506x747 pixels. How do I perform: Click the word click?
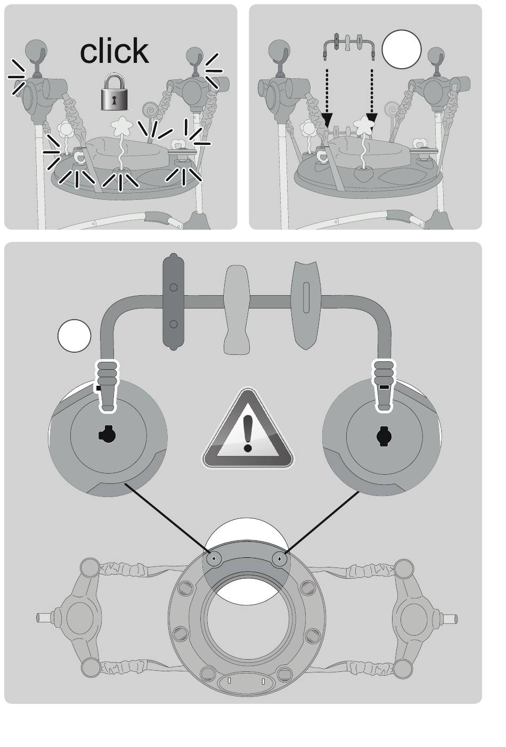[114, 51]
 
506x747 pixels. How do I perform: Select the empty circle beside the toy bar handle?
[74, 336]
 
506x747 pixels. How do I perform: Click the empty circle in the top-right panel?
[402, 50]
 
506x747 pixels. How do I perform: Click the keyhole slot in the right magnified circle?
[385, 436]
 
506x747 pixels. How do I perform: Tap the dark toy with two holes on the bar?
[173, 302]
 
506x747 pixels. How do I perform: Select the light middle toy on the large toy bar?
[236, 309]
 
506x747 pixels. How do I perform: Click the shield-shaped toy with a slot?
[305, 304]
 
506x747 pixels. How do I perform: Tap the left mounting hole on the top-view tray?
[214, 558]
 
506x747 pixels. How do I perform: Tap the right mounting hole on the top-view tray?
[280, 558]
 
